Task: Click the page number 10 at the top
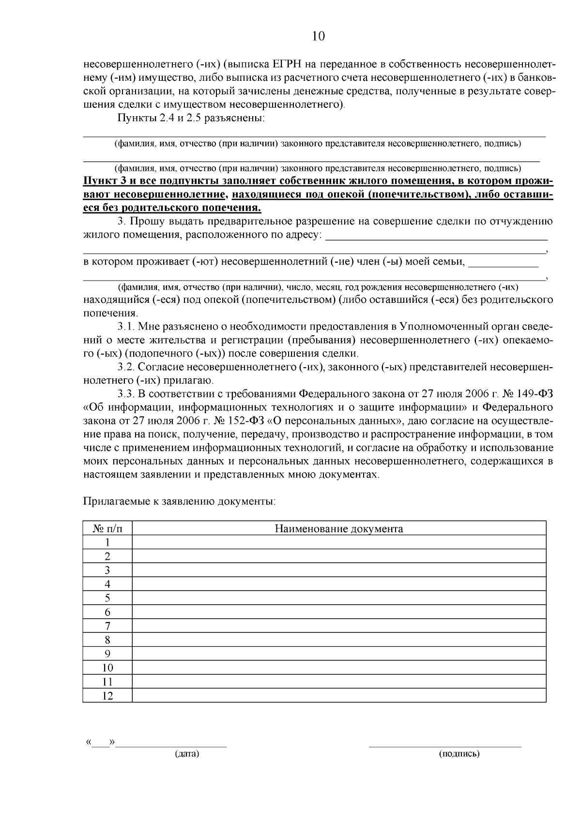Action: pos(318,36)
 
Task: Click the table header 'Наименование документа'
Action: pos(339,528)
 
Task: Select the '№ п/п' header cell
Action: pos(107,528)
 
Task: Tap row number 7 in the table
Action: pos(107,626)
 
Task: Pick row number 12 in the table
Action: pos(107,696)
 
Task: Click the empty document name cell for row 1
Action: pos(339,542)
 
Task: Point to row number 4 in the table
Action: pos(107,584)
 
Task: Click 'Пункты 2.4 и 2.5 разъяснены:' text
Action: pos(191,119)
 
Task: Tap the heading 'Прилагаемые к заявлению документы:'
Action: pos(179,501)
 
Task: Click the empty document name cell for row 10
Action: pos(339,668)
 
